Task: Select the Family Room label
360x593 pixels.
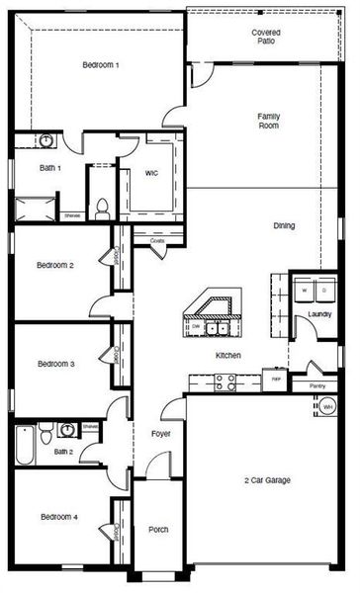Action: [x=268, y=121]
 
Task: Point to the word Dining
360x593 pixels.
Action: [x=284, y=225]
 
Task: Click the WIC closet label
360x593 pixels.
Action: [x=150, y=173]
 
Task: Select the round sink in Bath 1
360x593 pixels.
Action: [x=46, y=141]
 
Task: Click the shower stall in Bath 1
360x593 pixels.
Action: [x=36, y=208]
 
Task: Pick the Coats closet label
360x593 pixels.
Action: [x=156, y=240]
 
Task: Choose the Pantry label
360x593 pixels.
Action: [x=316, y=385]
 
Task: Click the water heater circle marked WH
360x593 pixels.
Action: [x=327, y=406]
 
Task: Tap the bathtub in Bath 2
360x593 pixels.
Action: [x=25, y=443]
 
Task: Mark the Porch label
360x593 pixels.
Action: [x=158, y=530]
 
